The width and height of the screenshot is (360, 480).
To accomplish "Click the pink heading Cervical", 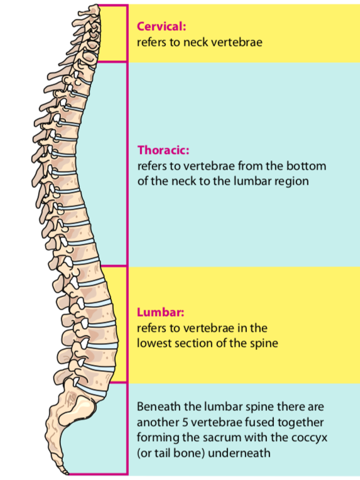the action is point(161,26).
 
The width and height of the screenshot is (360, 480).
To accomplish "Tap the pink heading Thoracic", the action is point(163,150).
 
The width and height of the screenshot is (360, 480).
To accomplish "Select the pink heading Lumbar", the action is point(160,312).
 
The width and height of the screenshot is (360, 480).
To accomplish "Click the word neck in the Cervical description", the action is point(195,42).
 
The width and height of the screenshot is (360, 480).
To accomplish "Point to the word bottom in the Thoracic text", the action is point(306,166).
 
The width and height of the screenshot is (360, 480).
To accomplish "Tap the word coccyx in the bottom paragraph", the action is point(309,438).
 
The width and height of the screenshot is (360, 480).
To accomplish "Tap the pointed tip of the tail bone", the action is point(68,473).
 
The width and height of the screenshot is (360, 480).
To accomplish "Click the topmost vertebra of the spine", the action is point(89,11).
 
